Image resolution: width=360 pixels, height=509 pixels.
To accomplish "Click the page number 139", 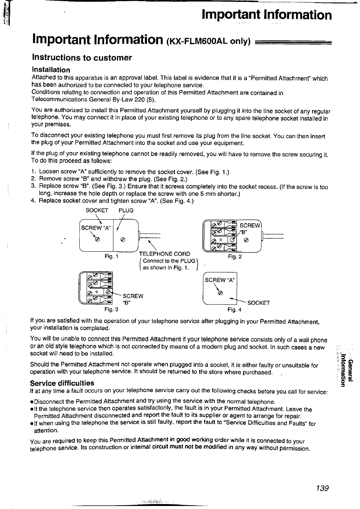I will [x=323, y=488].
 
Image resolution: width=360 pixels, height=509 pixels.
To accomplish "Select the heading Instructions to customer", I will [x=82, y=58].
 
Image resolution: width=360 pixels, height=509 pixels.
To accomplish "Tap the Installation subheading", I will [x=51, y=70].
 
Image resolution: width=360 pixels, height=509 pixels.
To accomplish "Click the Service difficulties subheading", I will [x=62, y=383].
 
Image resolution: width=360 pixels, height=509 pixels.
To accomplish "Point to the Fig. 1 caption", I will [x=112, y=257].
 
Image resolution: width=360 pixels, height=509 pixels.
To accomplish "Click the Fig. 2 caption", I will [x=235, y=257].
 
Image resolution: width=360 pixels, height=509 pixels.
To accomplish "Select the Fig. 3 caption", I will [x=111, y=309].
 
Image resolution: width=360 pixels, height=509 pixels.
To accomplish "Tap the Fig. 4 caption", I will [x=234, y=310].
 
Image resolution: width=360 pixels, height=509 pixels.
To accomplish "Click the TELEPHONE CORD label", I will [x=165, y=254].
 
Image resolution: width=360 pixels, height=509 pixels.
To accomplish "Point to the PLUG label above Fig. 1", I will [x=126, y=210].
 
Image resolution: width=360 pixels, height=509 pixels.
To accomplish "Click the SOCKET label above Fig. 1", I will [x=97, y=210].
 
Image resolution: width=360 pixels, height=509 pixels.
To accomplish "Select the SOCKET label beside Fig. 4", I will [x=258, y=303].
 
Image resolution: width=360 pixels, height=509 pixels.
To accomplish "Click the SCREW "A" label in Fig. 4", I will [x=220, y=280].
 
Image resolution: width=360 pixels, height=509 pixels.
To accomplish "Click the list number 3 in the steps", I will [x=33, y=186].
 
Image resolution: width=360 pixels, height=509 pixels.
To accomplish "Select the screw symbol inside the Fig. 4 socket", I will [x=220, y=293].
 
